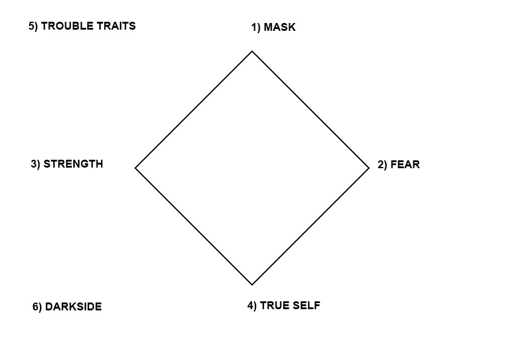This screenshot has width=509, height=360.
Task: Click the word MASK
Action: point(280,28)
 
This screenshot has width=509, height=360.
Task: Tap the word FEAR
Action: point(405,165)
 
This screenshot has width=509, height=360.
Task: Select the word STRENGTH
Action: point(73,164)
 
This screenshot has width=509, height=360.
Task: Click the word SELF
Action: point(306,306)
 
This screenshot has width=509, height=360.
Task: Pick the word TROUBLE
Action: point(67,26)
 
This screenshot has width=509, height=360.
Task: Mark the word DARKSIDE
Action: point(73,307)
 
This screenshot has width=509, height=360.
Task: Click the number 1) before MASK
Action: point(256,28)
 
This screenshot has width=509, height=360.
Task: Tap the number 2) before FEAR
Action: point(383,165)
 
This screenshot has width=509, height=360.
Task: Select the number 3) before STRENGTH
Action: point(36,164)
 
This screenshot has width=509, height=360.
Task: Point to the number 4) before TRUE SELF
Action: point(252,306)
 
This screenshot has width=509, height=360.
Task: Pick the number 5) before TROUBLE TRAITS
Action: point(33,26)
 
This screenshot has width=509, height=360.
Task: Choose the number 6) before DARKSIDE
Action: point(38,307)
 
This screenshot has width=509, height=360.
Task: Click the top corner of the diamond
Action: point(252,51)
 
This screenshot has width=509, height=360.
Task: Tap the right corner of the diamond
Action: point(369,168)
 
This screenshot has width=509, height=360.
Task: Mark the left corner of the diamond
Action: point(136,168)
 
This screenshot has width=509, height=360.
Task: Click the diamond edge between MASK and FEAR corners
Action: point(310,110)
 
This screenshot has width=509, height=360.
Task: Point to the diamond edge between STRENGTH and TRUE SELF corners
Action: point(194,226)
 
